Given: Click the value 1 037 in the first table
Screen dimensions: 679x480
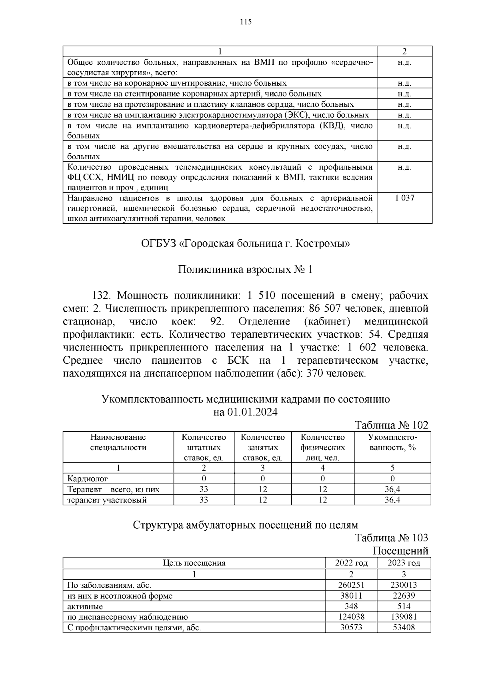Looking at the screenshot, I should (404, 198).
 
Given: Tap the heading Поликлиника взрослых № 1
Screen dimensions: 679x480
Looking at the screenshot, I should (245, 270).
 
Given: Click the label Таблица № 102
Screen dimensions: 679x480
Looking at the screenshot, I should (392, 425).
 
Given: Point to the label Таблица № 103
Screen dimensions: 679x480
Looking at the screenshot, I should (392, 538).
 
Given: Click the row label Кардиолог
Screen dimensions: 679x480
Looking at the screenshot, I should (87, 479).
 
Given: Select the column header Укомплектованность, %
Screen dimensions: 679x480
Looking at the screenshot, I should (392, 443).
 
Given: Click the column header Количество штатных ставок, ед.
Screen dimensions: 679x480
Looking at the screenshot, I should (204, 447).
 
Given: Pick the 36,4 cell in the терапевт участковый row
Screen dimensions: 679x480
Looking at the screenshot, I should (392, 500).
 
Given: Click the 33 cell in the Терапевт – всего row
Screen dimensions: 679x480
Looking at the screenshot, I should (204, 489).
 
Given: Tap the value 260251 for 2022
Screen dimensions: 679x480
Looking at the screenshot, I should (351, 585).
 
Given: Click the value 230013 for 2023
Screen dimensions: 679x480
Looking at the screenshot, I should (404, 585).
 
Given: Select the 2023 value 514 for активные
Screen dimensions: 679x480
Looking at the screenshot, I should (404, 606).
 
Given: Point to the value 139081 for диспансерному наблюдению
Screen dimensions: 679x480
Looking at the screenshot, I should (404, 617).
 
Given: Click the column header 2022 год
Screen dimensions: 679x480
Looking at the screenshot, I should (351, 563).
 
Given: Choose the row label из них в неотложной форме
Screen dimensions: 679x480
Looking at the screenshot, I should (120, 596).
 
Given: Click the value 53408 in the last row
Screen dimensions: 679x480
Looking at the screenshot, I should (404, 627).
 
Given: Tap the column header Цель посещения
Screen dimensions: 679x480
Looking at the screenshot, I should (194, 563).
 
